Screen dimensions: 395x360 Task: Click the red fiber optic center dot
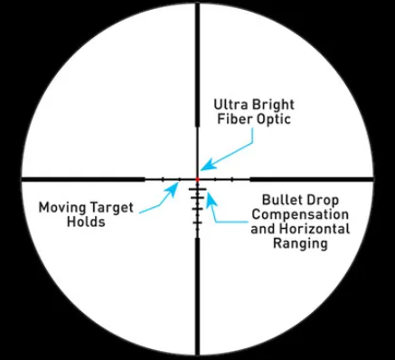pos(197,179)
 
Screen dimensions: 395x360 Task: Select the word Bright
pos(273,106)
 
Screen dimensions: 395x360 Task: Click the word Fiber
pos(235,118)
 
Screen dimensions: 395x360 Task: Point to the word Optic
pos(274,119)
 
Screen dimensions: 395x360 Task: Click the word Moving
pos(62,208)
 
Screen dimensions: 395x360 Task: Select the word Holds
pos(86,222)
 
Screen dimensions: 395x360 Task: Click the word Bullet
pos(283,200)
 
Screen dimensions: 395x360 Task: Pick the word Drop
pos(323,201)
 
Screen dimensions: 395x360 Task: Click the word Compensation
pos(300,215)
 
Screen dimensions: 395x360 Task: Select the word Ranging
pos(300,243)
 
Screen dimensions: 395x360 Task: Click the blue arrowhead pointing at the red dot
pos(206,166)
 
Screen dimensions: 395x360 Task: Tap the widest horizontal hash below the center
pos(197,189)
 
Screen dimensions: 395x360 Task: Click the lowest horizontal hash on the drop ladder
pos(197,223)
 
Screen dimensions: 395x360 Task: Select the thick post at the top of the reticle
pos(197,64)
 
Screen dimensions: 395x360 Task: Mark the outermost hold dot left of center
pos(163,179)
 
